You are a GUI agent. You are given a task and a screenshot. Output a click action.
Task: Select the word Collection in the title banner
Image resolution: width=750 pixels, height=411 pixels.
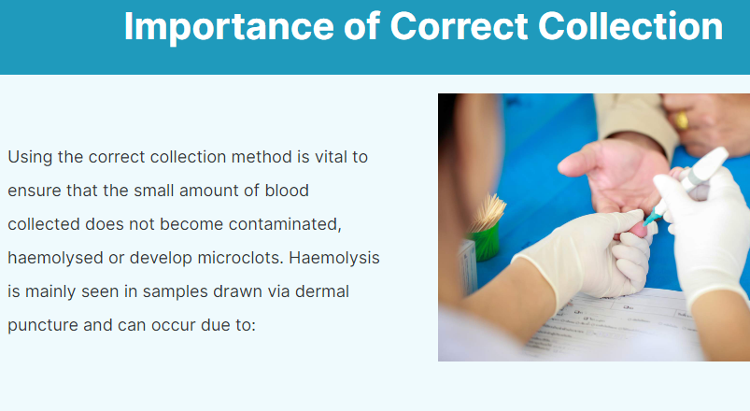(x=634, y=26)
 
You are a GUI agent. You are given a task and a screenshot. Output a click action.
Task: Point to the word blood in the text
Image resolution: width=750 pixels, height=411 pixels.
(x=286, y=191)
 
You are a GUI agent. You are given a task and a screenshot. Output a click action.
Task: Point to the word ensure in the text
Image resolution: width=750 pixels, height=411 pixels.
(x=33, y=191)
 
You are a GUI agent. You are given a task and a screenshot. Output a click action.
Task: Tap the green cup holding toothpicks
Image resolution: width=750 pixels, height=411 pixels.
(x=485, y=244)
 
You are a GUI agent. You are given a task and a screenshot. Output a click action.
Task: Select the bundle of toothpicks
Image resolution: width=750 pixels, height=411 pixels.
(x=487, y=211)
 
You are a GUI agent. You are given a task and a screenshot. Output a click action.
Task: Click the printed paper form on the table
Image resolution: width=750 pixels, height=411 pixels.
(x=607, y=322)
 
